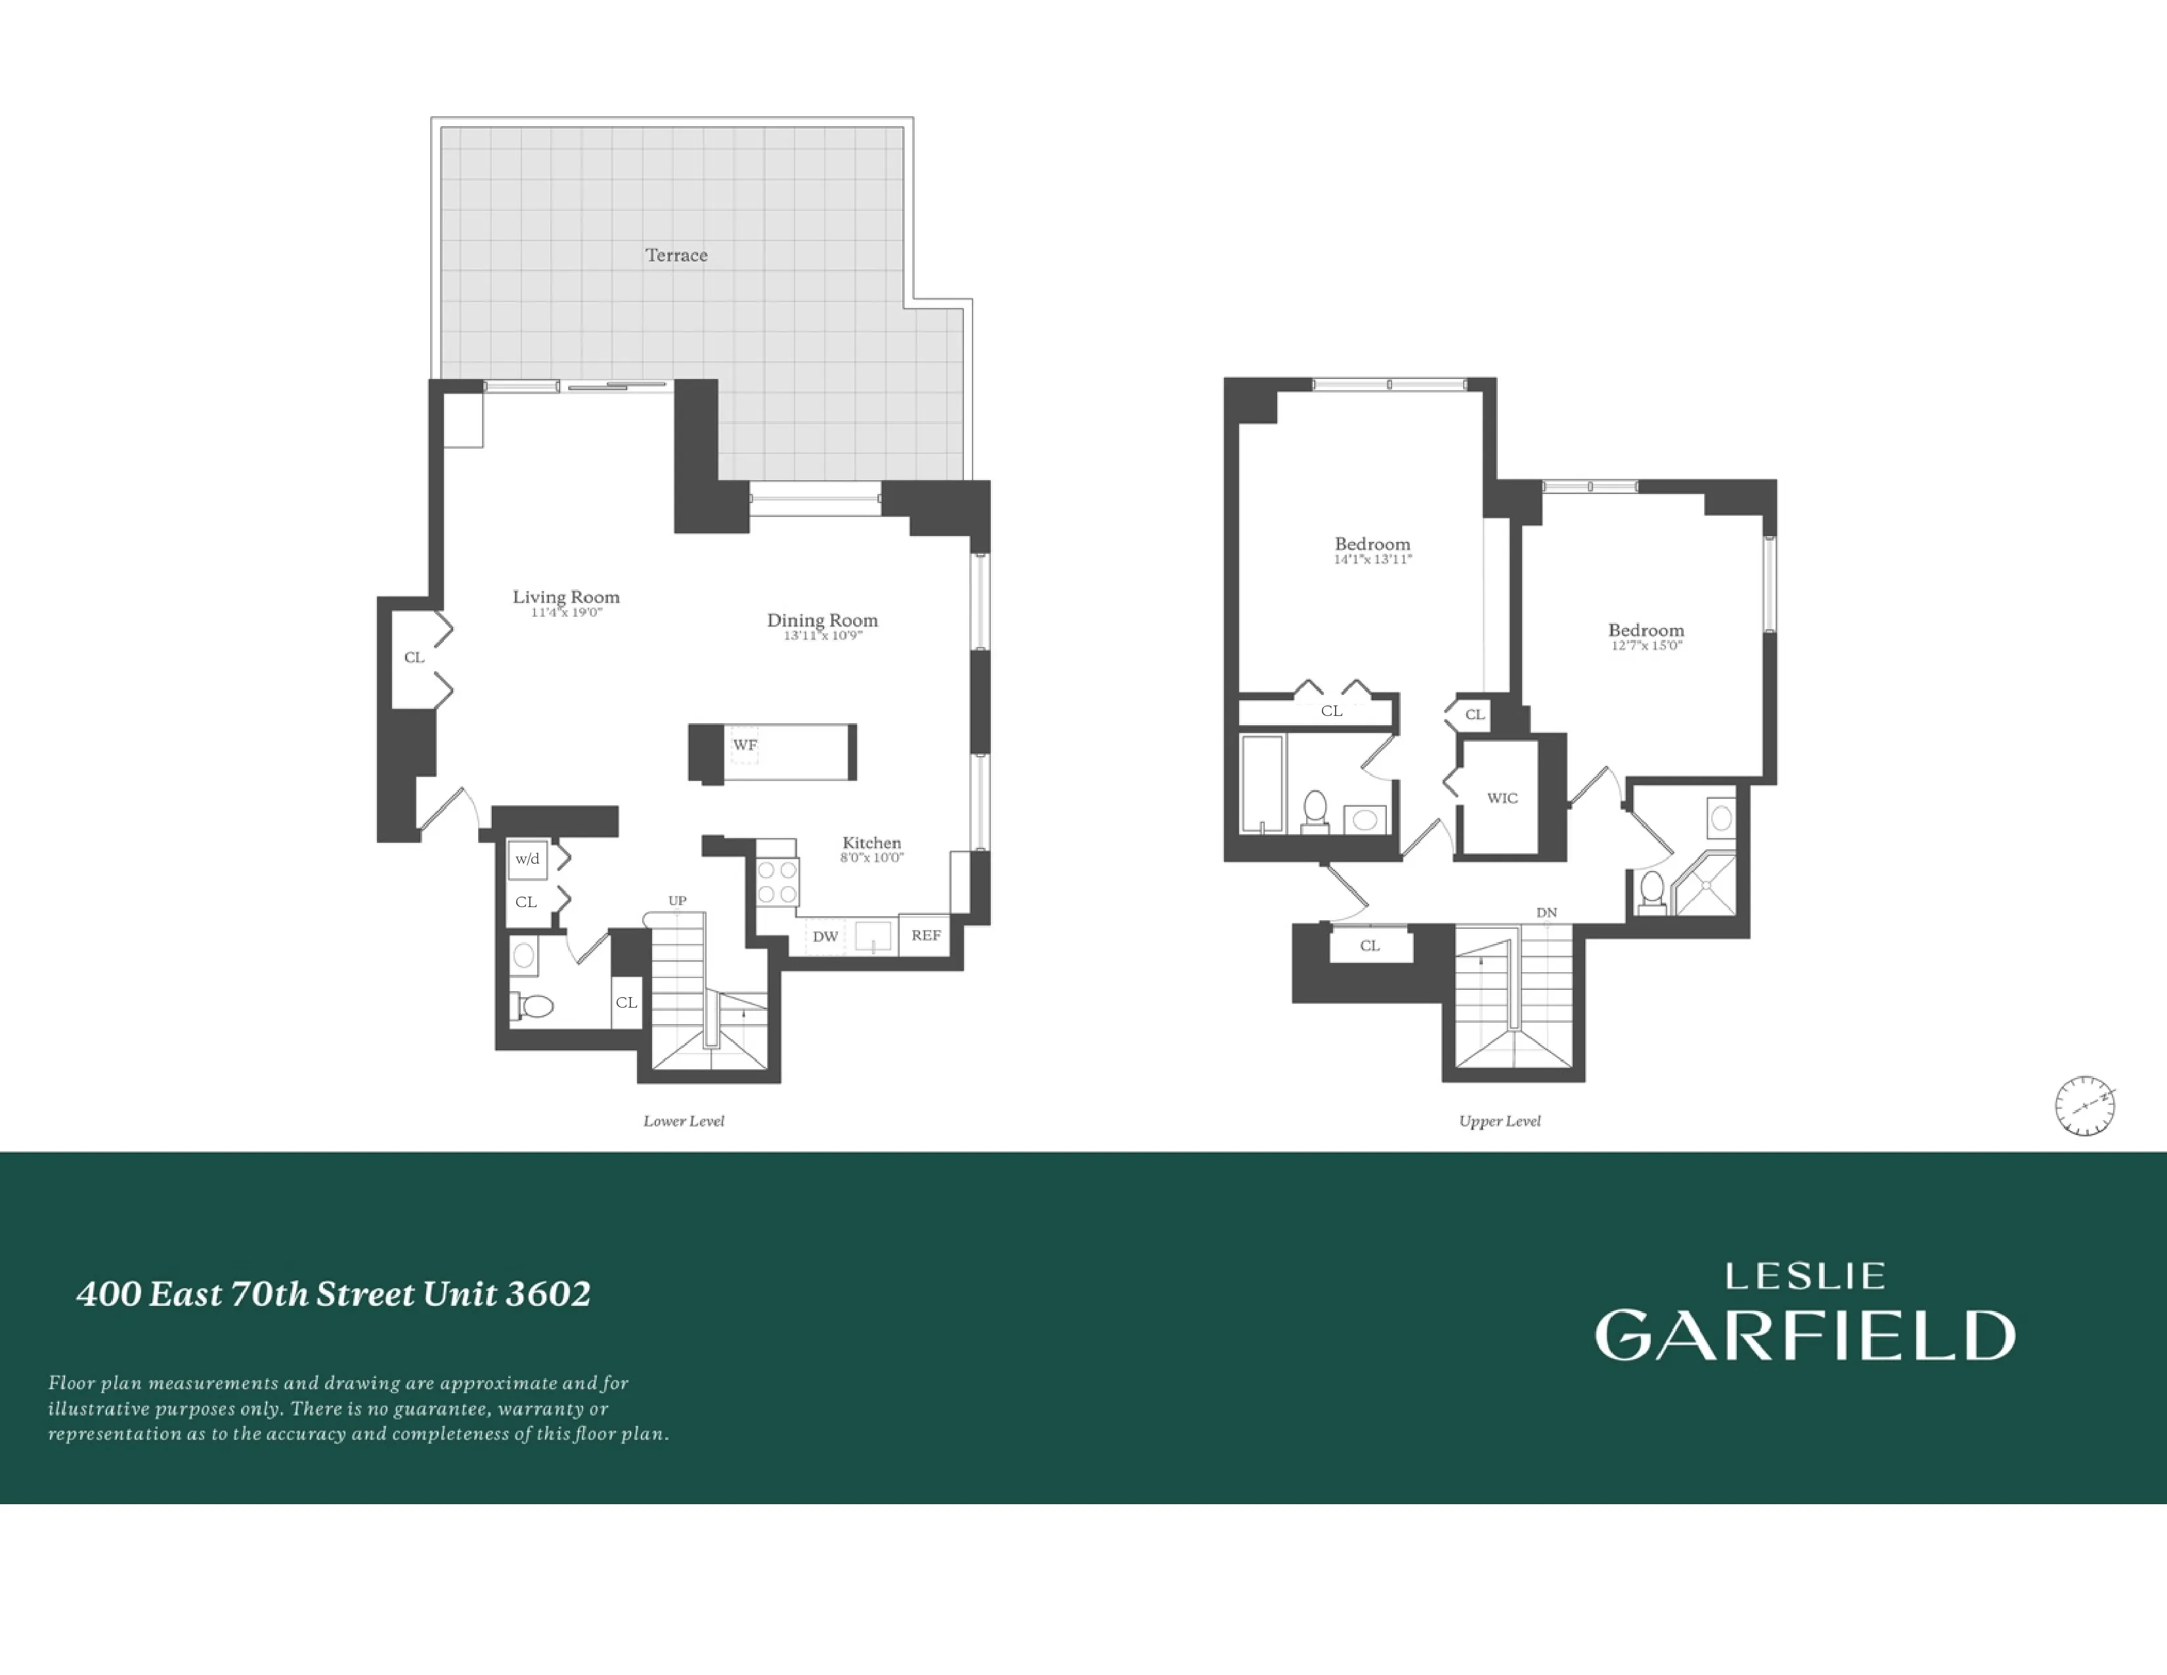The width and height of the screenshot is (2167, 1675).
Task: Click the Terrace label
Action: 676,255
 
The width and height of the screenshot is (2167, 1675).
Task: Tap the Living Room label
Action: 565,596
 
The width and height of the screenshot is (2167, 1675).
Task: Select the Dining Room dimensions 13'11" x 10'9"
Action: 823,635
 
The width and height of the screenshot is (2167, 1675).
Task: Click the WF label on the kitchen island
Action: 744,744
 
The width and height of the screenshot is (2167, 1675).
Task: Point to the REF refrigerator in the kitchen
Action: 926,935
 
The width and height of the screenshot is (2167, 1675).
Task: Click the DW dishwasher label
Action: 825,936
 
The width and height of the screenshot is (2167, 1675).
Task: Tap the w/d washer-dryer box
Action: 527,859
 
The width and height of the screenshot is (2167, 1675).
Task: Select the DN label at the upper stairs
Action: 1546,912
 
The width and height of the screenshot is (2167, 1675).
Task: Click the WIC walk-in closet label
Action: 1501,798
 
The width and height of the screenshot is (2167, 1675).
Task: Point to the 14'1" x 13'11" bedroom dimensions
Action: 1372,560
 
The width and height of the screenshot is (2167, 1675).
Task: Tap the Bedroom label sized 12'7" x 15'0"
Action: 1645,630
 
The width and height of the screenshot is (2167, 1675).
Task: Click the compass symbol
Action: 2085,1105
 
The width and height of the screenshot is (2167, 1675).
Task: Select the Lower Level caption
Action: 684,1121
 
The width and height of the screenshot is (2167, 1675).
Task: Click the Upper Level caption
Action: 1499,1121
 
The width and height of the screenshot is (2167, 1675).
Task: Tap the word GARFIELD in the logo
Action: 1805,1335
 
